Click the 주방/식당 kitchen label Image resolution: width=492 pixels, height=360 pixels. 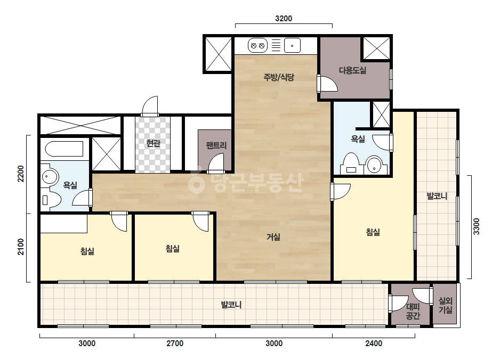[x=279, y=77]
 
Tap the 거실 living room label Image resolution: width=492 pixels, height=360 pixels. [x=273, y=237]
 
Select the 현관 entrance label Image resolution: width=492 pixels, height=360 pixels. [x=153, y=143]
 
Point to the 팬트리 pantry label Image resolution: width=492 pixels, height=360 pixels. [x=216, y=145]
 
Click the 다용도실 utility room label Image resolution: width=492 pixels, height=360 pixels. [x=352, y=70]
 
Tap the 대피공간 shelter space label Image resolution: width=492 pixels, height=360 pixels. [x=413, y=311]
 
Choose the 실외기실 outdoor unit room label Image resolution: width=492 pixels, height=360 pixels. [x=445, y=306]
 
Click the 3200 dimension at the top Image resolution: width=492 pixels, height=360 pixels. [x=284, y=19]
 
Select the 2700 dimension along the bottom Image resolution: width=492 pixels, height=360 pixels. [x=175, y=343]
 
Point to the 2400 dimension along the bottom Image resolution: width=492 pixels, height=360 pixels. [x=374, y=343]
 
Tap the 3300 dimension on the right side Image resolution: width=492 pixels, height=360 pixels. [x=477, y=226]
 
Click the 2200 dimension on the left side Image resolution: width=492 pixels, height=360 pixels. [x=20, y=174]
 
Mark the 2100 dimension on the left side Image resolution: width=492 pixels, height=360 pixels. [x=20, y=247]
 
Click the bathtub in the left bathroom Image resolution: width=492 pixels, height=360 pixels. [x=64, y=149]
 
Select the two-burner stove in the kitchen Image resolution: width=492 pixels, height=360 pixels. [x=257, y=46]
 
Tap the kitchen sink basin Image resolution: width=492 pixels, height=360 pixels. [x=292, y=46]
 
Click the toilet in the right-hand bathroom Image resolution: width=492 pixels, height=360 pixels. [x=351, y=163]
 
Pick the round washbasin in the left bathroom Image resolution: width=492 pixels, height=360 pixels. [x=50, y=177]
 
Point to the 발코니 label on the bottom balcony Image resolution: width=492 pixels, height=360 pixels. [x=231, y=305]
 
